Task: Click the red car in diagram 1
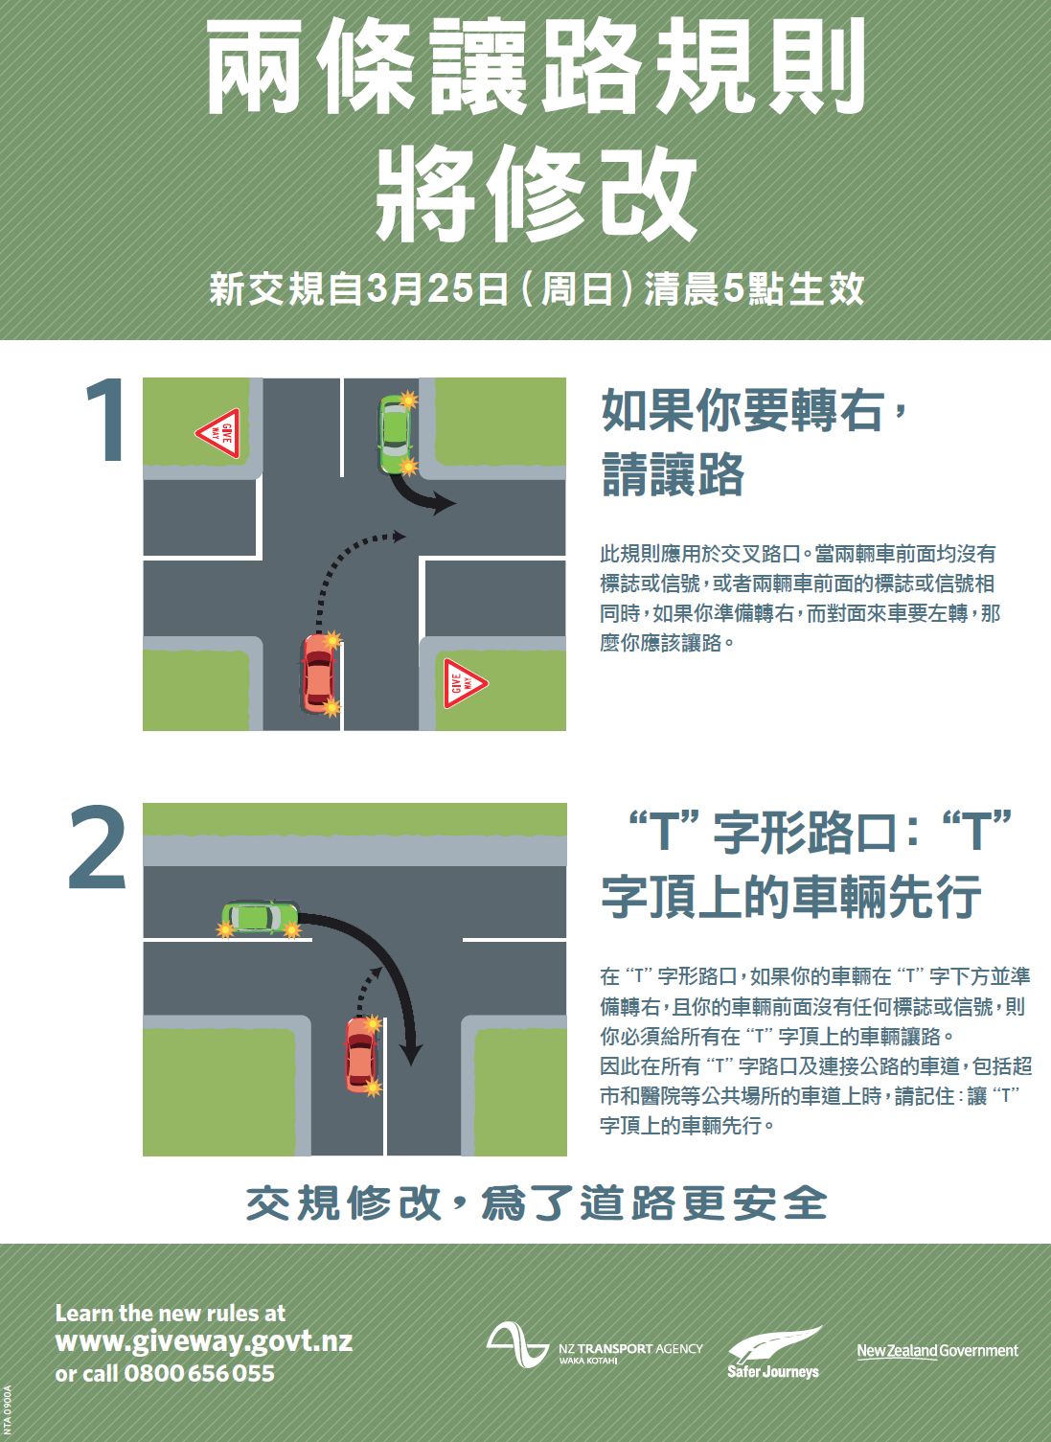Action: (x=318, y=674)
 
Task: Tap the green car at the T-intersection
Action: (x=260, y=917)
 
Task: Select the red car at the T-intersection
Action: (x=361, y=1055)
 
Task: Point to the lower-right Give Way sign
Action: (x=464, y=683)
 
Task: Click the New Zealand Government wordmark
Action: (x=937, y=1350)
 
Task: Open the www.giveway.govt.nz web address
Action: (x=204, y=1341)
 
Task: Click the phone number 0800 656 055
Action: (x=199, y=1373)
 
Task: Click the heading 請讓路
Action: (x=673, y=474)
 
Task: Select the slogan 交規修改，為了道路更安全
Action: (x=537, y=1203)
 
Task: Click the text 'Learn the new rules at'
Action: (x=171, y=1313)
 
